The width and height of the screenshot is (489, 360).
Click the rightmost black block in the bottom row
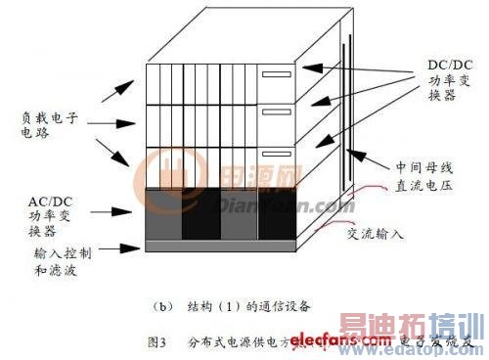(276, 213)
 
